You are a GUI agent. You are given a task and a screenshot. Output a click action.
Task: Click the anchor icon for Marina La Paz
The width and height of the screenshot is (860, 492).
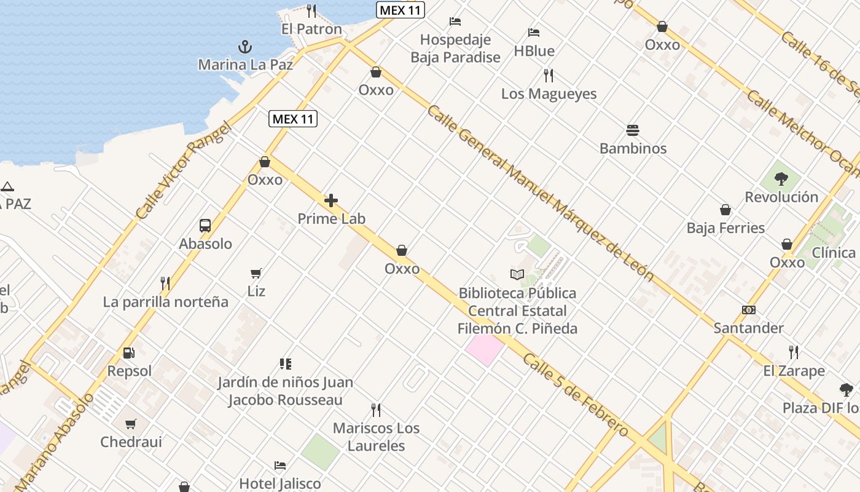244,47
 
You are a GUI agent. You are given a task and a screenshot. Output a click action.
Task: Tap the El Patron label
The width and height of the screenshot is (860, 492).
311,29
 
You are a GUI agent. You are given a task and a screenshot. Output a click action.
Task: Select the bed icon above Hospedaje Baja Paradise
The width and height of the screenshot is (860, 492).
455,22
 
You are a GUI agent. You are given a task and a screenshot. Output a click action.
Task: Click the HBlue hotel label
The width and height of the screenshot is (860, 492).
534,51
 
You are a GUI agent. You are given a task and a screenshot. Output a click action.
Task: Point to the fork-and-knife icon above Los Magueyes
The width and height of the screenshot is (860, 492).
549,76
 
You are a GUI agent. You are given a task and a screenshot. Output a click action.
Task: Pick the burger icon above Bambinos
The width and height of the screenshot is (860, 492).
633,130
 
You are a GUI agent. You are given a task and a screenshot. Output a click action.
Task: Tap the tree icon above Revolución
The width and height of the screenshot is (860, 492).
781,179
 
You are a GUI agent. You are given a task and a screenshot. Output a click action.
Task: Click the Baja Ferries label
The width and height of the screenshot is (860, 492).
725,228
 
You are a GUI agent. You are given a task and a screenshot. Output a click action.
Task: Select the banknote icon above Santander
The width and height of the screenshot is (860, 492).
749,310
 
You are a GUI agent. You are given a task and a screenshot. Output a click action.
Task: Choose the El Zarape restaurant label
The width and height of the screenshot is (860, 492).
794,371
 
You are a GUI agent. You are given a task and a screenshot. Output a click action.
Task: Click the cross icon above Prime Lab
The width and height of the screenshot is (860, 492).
331,200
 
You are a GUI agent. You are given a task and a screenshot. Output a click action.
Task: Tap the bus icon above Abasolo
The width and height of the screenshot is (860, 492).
205,226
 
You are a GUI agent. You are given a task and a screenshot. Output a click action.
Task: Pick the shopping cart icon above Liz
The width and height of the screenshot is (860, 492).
256,273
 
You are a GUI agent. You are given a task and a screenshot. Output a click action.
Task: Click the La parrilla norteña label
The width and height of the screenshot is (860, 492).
165,302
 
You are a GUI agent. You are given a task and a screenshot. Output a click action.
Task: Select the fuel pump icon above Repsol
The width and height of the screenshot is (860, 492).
129,353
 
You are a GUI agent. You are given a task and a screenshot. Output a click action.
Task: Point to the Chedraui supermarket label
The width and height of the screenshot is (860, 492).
131,442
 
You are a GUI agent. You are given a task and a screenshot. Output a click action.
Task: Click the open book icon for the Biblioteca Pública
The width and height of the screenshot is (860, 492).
517,274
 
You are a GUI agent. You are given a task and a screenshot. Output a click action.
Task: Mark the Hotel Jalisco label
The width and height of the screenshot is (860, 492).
279,483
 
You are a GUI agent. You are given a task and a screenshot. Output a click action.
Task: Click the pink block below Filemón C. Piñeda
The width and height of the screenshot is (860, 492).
485,349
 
